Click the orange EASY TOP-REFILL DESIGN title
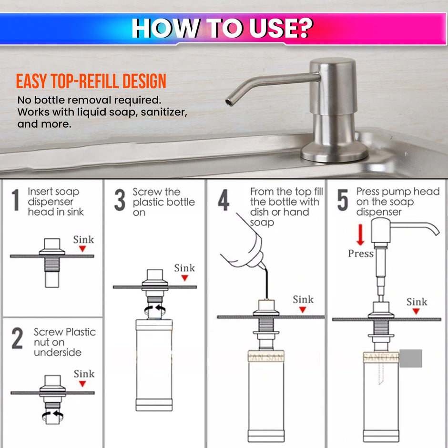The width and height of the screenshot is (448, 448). (91, 81)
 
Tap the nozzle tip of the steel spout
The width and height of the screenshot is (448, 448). (229, 101)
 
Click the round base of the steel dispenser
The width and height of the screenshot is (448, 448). (334, 153)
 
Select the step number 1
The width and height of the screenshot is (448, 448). (16, 200)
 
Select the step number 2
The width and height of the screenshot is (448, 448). (17, 339)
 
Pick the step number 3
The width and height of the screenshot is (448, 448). (120, 200)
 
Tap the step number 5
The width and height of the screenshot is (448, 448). (343, 201)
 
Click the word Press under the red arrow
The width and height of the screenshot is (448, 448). (361, 254)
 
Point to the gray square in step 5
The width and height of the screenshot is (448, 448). (410, 358)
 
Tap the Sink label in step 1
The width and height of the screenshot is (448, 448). (83, 239)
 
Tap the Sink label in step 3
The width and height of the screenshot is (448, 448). (184, 268)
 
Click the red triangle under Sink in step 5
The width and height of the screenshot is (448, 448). (417, 311)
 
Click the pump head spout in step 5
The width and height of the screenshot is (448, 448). (419, 226)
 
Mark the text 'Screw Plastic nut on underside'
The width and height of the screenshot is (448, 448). (64, 342)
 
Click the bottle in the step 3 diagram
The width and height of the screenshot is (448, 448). (154, 365)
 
